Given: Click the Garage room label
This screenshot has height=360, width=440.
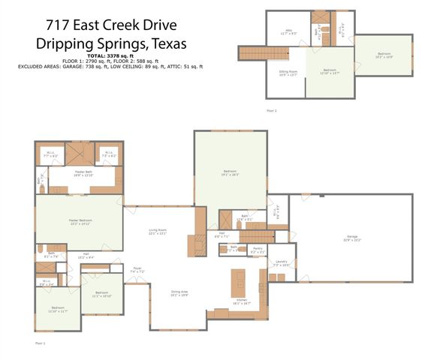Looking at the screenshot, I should click(x=351, y=238).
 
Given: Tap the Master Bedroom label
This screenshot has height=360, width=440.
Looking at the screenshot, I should click(x=80, y=222).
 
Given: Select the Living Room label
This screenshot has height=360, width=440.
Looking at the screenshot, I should click(x=157, y=231).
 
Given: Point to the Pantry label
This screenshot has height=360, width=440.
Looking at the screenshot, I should click(x=257, y=249).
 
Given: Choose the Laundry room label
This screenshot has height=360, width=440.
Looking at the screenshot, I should click(x=281, y=262).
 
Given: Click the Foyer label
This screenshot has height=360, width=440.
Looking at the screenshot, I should click(x=137, y=269).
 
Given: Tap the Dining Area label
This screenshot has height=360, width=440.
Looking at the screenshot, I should click(x=179, y=293).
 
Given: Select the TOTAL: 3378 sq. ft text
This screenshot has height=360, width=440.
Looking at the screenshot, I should click(x=110, y=56).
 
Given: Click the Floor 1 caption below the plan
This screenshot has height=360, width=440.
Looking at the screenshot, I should click(x=41, y=343).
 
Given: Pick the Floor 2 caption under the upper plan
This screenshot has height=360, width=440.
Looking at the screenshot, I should click(x=271, y=110).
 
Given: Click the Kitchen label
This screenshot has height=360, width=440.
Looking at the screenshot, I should click(x=243, y=302).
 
